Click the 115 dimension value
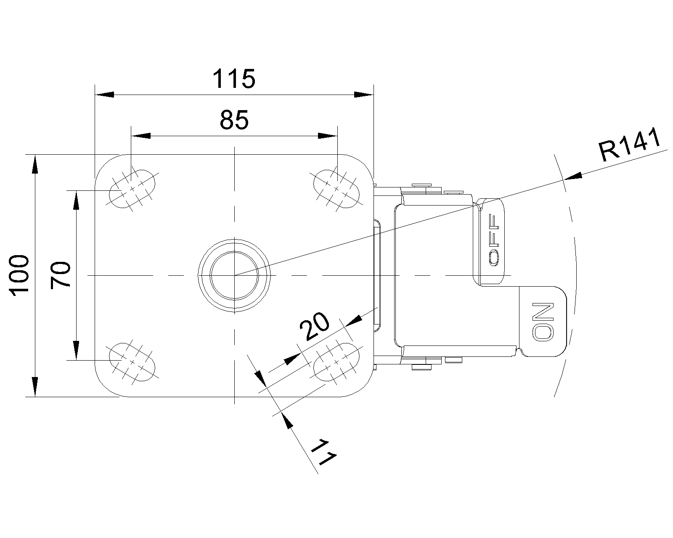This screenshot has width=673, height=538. point(234,79)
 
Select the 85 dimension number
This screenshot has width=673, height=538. point(234,120)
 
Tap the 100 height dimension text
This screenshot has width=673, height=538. point(20,276)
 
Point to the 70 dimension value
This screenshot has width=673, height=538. point(60,275)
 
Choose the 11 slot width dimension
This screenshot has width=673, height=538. point(324,452)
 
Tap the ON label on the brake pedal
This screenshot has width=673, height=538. point(543,321)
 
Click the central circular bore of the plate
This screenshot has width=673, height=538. point(234,275)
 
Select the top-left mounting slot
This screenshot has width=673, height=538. point(132,189)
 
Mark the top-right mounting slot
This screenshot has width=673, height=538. point(336,189)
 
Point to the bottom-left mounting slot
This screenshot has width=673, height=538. point(132,361)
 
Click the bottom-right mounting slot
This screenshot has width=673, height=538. point(336,361)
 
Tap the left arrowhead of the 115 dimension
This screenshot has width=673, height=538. point(104,95)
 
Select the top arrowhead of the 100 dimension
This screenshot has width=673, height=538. point(35,164)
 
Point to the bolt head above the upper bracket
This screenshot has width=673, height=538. point(422,185)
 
